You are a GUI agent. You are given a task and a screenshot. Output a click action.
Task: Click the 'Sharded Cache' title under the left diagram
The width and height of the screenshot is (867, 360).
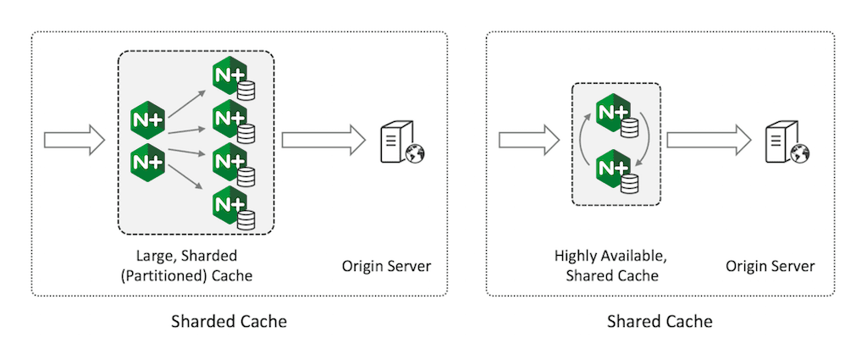[x=229, y=322]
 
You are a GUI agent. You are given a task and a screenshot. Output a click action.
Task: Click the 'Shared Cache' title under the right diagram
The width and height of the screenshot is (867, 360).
[x=660, y=322]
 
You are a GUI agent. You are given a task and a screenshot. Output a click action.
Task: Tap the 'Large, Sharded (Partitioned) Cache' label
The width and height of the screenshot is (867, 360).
[x=197, y=265]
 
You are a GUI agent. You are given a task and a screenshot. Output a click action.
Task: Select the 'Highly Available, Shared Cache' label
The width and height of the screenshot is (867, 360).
[x=606, y=265]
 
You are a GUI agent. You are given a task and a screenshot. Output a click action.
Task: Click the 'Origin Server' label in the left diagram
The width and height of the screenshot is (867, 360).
[x=386, y=266]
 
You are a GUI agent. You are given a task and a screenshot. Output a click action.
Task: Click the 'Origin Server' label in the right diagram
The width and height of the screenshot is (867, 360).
[x=770, y=266]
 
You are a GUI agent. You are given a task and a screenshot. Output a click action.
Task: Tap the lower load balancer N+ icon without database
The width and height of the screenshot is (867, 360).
[x=146, y=159]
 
